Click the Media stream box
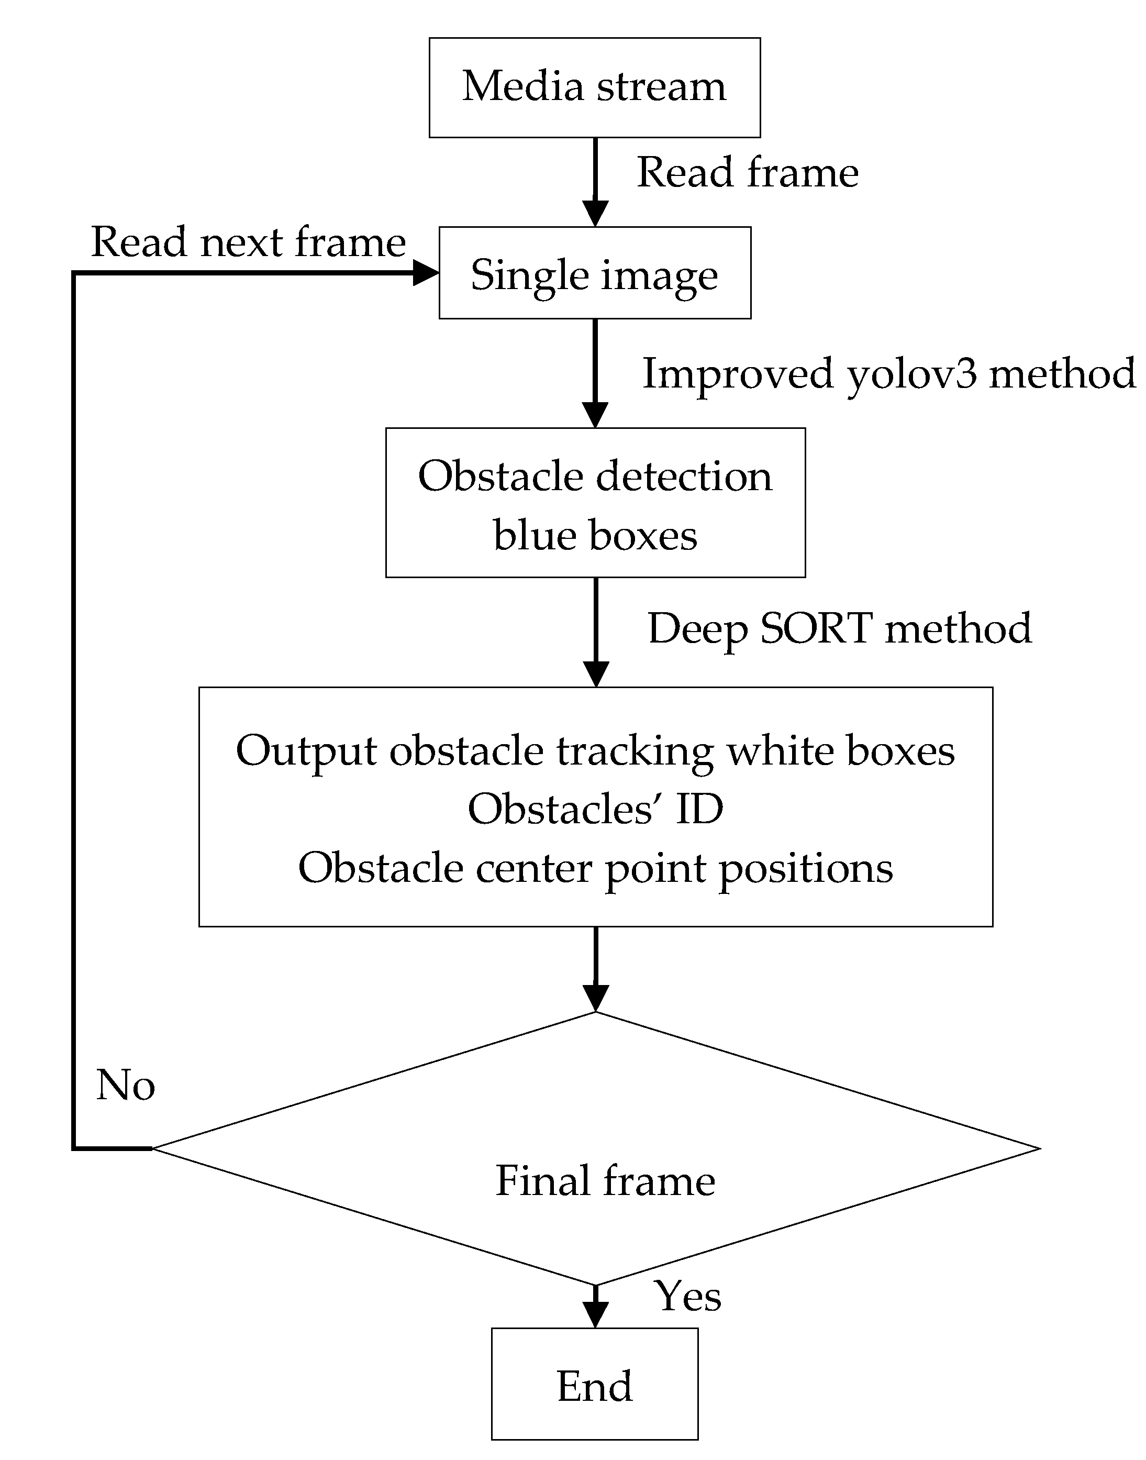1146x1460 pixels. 595,87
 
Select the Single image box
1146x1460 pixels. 595,273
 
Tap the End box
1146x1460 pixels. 595,1386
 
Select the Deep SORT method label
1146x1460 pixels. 839,629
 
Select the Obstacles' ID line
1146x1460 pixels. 595,809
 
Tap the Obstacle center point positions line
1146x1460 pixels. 595,868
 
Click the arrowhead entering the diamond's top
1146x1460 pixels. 595,997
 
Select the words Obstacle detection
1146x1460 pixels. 595,477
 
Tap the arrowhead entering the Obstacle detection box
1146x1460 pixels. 595,414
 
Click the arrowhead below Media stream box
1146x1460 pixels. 595,213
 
